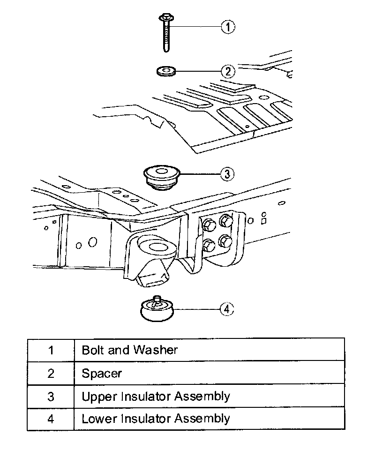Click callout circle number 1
click(x=227, y=27)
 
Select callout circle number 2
click(x=227, y=71)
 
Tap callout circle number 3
click(x=227, y=174)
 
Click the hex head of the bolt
click(x=166, y=19)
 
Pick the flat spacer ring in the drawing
click(x=165, y=71)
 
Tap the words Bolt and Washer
click(x=129, y=350)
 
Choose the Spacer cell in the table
click(x=102, y=373)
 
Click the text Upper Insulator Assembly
click(x=156, y=396)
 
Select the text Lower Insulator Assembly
click(x=156, y=418)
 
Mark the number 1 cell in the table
click(x=51, y=350)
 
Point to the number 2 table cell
click(x=51, y=373)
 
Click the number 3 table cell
click(x=51, y=396)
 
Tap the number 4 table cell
click(x=51, y=418)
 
